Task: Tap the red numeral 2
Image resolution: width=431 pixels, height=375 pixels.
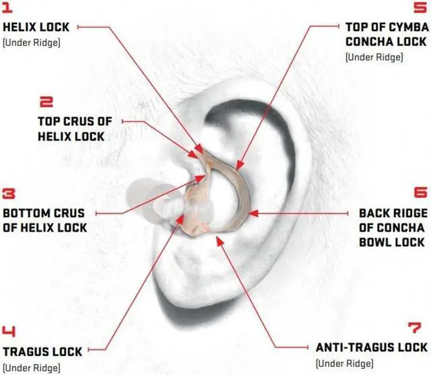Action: [46, 103]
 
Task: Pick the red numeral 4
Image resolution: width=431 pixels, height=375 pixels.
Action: [10, 332]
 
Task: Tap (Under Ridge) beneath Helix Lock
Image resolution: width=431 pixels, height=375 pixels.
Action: [32, 42]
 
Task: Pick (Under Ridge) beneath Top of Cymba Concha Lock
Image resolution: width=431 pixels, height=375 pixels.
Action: [374, 57]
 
